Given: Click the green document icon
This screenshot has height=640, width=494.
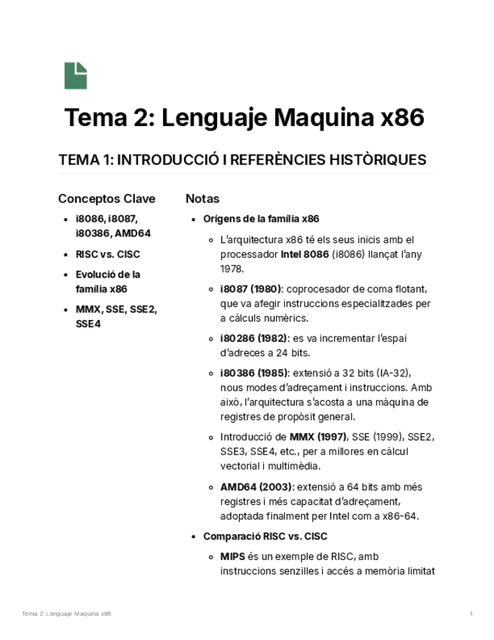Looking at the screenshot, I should click(x=75, y=76).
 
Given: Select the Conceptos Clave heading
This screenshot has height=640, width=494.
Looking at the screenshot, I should click(x=106, y=199).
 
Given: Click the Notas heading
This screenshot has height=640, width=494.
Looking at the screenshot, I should click(x=202, y=199).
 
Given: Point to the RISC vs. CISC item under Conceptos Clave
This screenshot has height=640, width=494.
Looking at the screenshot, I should click(x=108, y=254).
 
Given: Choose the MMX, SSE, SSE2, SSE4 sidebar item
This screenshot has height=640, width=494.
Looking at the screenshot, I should click(x=116, y=316).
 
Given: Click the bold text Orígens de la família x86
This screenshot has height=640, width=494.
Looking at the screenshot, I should click(x=261, y=219).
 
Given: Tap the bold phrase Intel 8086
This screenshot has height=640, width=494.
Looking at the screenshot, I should click(x=305, y=254).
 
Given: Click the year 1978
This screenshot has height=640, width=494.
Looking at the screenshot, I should click(x=232, y=269).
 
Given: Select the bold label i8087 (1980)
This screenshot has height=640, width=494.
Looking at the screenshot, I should click(x=251, y=289).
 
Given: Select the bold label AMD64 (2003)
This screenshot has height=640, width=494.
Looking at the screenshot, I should click(x=251, y=487).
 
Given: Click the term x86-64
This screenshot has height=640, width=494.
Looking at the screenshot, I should click(x=402, y=516).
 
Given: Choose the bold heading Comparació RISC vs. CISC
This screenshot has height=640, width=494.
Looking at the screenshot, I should click(x=265, y=537).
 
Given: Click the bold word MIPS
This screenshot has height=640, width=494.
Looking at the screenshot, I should click(x=232, y=556).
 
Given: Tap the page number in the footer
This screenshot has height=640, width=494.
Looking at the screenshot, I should click(x=471, y=614).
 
